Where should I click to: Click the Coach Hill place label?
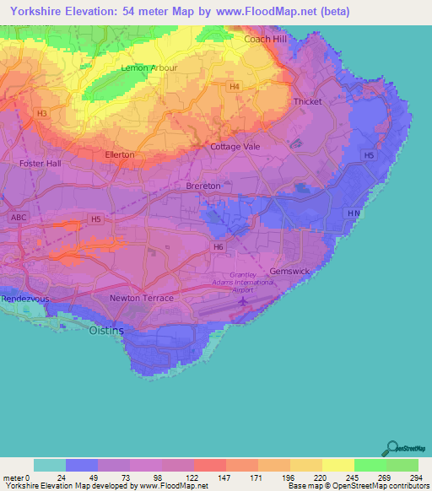tap(267, 39)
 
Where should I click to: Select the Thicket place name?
tap(307, 102)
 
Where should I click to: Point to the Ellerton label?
tap(119, 155)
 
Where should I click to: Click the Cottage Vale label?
tap(235, 146)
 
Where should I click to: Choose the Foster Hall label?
tap(40, 164)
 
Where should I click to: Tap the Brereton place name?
tap(202, 186)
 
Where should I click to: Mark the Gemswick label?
tap(289, 272)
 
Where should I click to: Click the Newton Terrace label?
tap(142, 299)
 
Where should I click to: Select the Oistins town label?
tap(106, 331)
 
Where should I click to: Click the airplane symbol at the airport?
tap(246, 300)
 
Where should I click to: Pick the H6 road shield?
tap(218, 246)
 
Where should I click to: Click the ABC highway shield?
tap(19, 217)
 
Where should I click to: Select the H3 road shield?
tap(41, 112)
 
